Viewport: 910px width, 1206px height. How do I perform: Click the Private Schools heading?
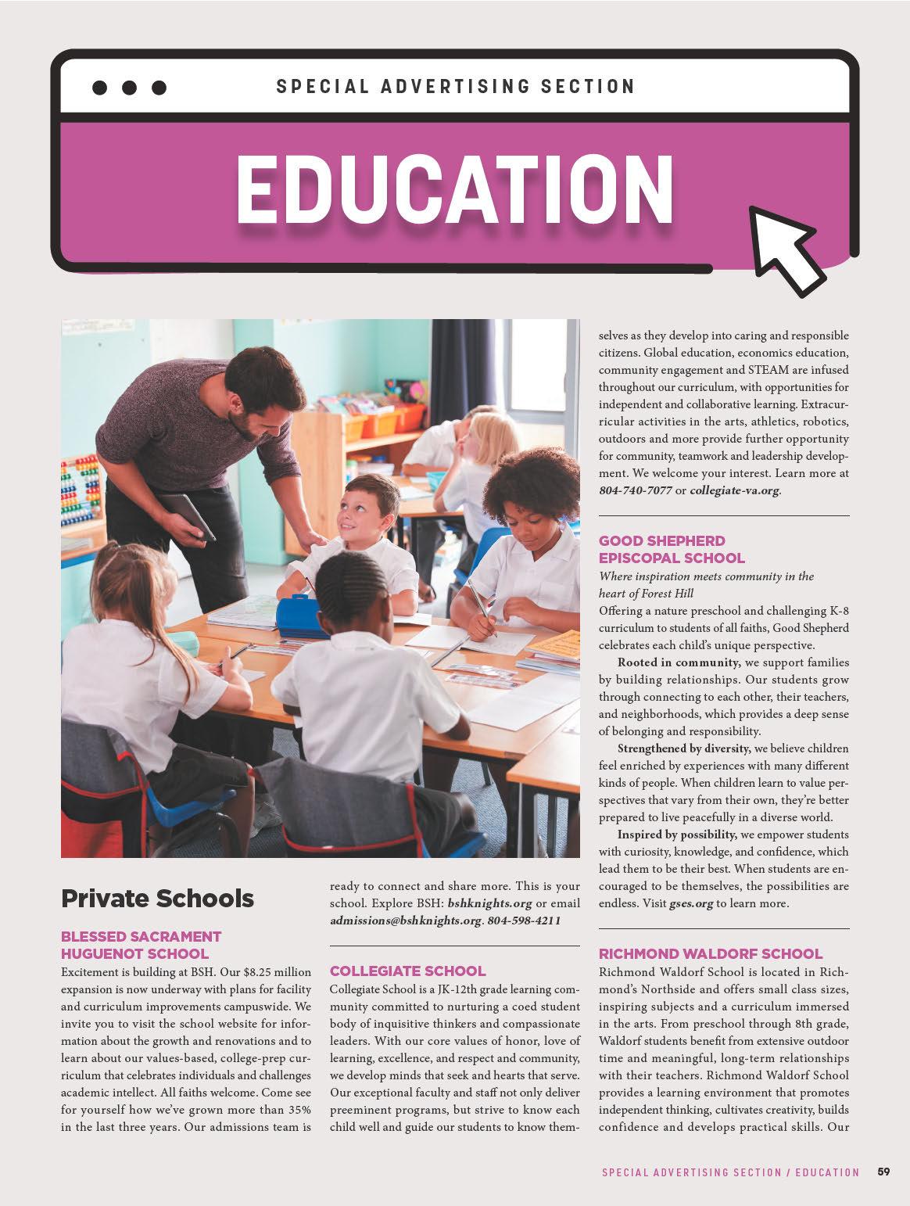(x=157, y=899)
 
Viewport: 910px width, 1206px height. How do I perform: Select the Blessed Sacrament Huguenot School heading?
(x=142, y=945)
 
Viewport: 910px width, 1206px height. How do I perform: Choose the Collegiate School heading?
(x=407, y=971)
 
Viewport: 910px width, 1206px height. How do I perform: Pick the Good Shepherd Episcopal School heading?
(x=672, y=549)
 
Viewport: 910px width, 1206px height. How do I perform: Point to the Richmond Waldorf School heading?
(x=711, y=953)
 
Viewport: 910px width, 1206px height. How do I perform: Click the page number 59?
(x=883, y=1172)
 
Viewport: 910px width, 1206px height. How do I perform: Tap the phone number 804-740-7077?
(x=634, y=490)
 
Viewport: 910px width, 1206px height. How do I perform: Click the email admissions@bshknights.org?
(x=405, y=921)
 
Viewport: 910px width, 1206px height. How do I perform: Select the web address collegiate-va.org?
(x=734, y=490)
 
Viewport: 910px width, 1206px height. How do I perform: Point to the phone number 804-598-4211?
(x=524, y=921)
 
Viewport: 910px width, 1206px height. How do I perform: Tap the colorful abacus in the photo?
(x=81, y=493)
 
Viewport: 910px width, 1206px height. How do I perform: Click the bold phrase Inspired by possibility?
(x=677, y=835)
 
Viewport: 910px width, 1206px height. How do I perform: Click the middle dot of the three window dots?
(x=129, y=88)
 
